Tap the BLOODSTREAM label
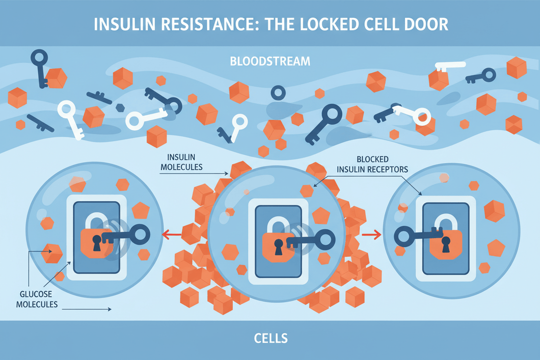click(x=270, y=62)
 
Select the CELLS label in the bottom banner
click(x=270, y=338)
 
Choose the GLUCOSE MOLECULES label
click(x=33, y=298)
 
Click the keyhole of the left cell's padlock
click(x=97, y=242)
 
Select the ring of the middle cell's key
click(x=326, y=239)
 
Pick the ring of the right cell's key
click(x=405, y=237)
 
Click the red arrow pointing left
click(x=170, y=234)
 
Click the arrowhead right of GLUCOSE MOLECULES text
click(x=109, y=309)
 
